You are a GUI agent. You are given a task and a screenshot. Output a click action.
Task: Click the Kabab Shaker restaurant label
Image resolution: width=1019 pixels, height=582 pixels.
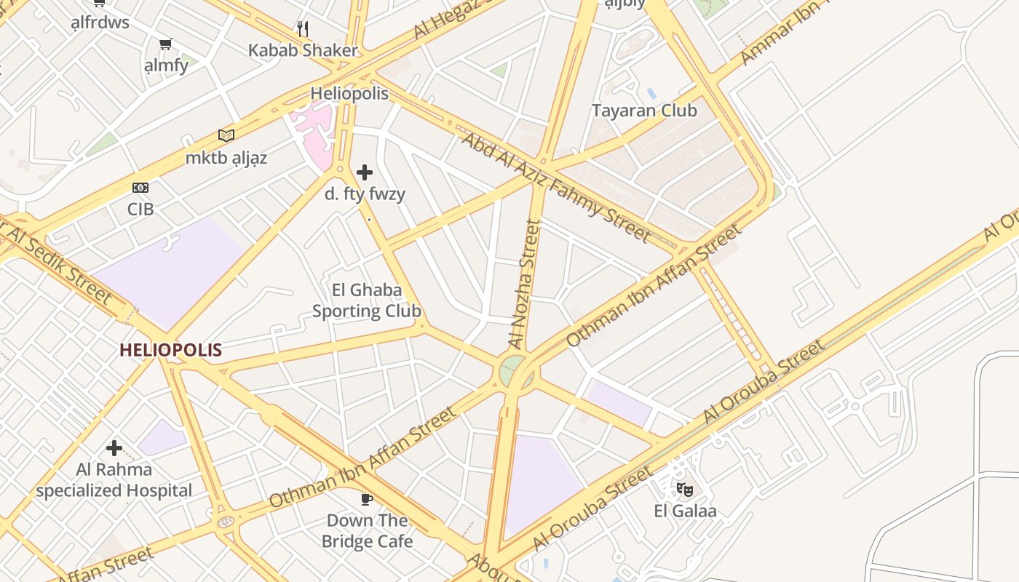coord(303,50)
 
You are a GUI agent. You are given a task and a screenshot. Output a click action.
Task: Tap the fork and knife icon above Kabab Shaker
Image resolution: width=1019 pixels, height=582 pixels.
coord(303,29)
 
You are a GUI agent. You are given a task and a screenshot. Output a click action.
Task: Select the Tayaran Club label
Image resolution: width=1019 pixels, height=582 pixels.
coord(644,111)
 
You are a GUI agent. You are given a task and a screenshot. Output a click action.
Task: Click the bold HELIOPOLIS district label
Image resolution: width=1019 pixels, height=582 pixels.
coord(170,350)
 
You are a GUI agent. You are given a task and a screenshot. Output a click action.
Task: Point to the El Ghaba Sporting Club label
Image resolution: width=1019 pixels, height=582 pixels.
coord(367,300)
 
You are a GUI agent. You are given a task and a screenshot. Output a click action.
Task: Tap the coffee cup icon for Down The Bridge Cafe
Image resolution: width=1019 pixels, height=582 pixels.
coord(367,499)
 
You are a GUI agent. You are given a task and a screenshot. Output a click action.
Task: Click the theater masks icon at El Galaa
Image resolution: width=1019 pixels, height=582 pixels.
coord(684,489)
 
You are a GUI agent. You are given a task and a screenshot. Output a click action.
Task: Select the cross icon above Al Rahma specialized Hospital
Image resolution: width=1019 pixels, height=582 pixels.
coord(114,448)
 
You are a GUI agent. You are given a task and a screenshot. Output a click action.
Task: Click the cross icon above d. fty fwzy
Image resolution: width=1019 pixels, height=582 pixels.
coord(365,172)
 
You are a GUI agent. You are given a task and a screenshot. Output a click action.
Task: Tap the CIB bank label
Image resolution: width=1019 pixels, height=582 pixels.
coord(140,209)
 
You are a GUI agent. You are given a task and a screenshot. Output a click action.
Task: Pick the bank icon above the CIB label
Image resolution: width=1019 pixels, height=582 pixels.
coord(140,188)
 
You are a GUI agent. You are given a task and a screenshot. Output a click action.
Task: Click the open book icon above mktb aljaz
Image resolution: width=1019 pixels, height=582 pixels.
coord(226,136)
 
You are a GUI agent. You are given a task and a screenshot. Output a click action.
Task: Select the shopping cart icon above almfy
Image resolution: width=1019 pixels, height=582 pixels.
coord(166,44)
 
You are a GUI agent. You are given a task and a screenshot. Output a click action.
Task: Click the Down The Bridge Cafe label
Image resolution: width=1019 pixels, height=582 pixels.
coord(367,531)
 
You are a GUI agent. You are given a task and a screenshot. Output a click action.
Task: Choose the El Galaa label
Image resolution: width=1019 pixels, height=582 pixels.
coord(685,511)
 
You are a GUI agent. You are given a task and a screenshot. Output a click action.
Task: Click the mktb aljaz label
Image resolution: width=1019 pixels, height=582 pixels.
coord(226,158)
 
